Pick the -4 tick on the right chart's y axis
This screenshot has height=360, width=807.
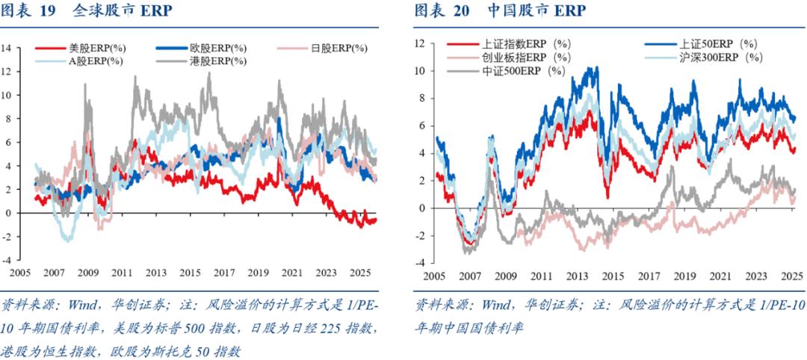[x=419, y=262]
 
